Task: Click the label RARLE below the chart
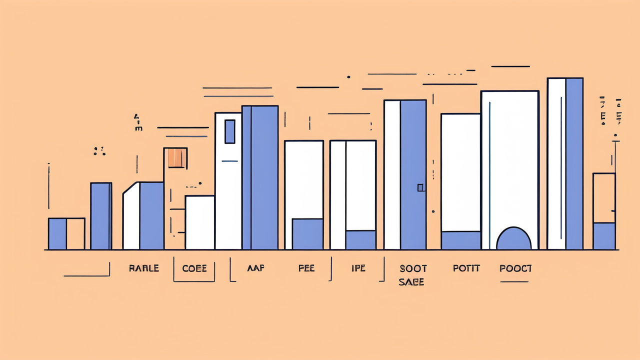point(143,268)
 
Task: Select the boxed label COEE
point(194,268)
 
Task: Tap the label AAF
point(255,268)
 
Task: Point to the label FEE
point(306,268)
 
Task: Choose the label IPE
point(358,268)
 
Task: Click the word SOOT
point(413,268)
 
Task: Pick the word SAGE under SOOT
point(411,282)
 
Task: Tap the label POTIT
point(466,268)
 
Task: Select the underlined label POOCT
point(515,268)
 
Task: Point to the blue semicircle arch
point(513,239)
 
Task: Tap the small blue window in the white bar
point(230,131)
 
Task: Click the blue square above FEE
point(307,234)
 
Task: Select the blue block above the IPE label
point(360,240)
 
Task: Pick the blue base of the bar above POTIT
point(460,240)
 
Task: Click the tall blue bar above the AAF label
point(264,177)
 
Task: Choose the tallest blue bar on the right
point(574,163)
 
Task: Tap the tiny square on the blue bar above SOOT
point(420,187)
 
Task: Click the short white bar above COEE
point(199,222)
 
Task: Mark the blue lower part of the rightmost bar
point(604,236)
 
